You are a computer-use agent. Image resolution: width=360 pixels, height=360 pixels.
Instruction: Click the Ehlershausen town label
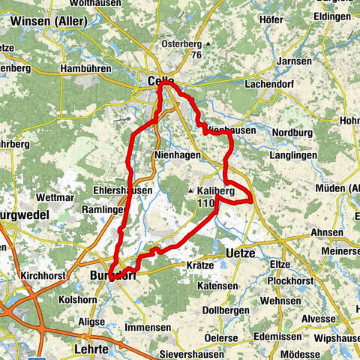click(123, 190)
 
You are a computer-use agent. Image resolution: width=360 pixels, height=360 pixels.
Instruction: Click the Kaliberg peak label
click(216, 191)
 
